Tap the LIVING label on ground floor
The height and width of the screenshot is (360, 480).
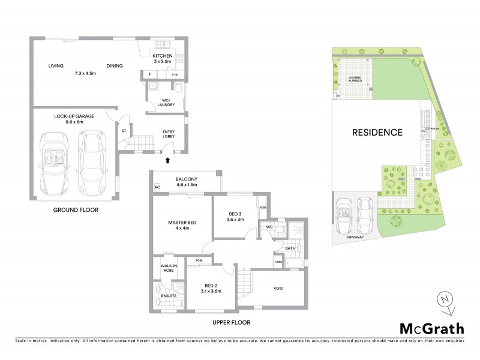pos(56,67)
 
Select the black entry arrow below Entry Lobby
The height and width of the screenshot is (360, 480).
pos(167,160)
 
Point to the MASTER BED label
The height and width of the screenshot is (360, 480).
pos(178,223)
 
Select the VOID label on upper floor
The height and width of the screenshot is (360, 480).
pos(278,289)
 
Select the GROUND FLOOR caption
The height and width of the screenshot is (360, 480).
pos(75,211)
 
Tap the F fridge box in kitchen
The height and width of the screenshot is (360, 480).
pos(148,75)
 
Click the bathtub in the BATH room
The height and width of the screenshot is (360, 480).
pos(295,262)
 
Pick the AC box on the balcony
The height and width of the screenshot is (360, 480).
pos(157,187)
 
